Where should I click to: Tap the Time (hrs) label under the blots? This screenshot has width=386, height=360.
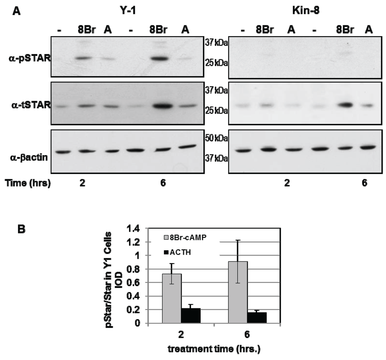pyautogui.click(x=28, y=183)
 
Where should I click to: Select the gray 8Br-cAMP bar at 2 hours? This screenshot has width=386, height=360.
pyautogui.click(x=172, y=298)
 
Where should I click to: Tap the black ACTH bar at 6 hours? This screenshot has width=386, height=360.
pyautogui.click(x=257, y=317)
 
